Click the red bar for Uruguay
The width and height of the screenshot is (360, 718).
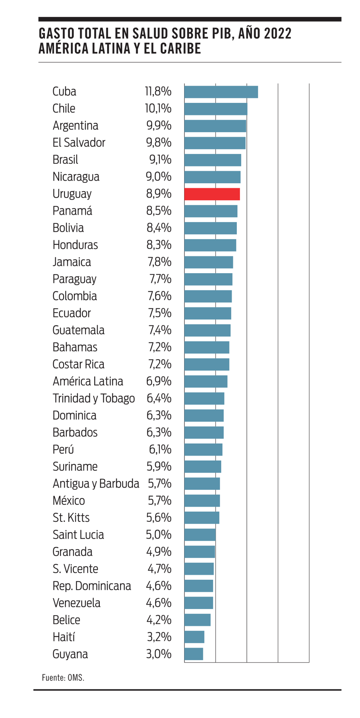[x=212, y=194]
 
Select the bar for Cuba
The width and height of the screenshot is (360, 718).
[x=221, y=92]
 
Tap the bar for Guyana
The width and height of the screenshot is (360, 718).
[x=194, y=654]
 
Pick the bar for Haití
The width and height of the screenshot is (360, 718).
[x=194, y=637]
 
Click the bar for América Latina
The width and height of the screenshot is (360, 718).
[x=206, y=381]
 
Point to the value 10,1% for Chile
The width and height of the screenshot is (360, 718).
[x=158, y=108]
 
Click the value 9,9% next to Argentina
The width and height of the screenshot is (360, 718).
[x=159, y=126]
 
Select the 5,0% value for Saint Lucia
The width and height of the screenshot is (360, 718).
[x=159, y=535]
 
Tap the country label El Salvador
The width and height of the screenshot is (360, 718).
[x=79, y=143]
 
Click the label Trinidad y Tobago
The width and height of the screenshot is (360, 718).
[x=93, y=398]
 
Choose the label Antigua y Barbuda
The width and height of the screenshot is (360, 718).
[x=96, y=483]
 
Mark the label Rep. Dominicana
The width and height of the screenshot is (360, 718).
[x=92, y=586]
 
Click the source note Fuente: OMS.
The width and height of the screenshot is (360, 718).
[x=63, y=678]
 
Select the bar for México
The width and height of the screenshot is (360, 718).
[x=202, y=501]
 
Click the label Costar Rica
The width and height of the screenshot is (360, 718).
[x=78, y=364]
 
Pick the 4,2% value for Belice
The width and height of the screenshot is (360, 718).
[x=159, y=620]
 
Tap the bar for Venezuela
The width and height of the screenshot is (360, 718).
[x=198, y=603]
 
